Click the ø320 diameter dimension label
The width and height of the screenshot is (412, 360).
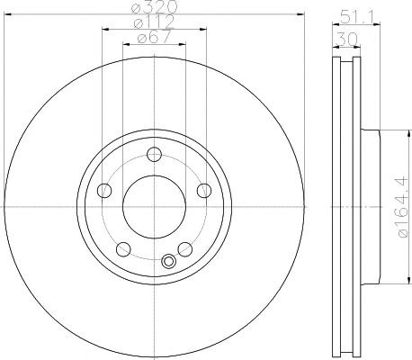tap(155, 6)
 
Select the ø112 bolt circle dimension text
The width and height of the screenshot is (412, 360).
tap(154, 22)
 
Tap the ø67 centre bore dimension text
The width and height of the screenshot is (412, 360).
tap(154, 37)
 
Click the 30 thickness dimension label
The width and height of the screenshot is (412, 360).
tap(347, 39)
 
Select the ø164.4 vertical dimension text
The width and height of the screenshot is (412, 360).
tap(403, 207)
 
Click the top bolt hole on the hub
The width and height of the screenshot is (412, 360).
tap(155, 155)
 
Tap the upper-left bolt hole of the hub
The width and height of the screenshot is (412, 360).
tap(104, 190)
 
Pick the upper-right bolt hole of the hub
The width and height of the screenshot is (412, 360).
tap(204, 190)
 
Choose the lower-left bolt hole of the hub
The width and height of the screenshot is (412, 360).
tap(123, 249)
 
